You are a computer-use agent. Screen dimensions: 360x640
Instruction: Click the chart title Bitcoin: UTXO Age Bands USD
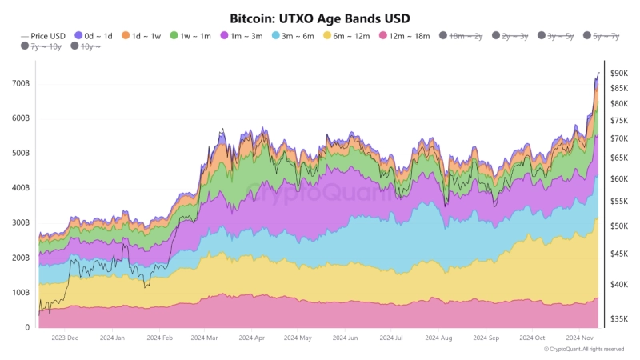tap(320, 17)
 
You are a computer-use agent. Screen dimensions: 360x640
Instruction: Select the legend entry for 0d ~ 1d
tap(95, 36)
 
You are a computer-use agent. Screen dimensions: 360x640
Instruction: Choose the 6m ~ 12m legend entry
tap(346, 36)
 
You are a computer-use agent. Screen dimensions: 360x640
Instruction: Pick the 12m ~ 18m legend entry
tap(403, 36)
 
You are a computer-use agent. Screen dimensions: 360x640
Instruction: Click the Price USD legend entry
tap(43, 36)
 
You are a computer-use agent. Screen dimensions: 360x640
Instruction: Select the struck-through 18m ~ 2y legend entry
tap(462, 36)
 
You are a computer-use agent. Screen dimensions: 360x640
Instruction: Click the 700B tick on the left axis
tap(21, 83)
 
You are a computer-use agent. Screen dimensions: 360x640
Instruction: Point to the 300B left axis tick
tap(21, 223)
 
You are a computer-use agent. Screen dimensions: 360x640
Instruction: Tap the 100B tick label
tap(21, 293)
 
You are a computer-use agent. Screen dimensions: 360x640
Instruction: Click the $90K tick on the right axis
tap(619, 73)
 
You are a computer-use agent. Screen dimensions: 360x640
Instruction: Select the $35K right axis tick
tap(619, 319)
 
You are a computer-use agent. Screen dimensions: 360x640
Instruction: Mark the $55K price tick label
tap(619, 202)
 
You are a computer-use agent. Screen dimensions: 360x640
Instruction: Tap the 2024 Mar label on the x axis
tap(206, 338)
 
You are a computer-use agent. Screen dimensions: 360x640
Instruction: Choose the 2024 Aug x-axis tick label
tap(440, 338)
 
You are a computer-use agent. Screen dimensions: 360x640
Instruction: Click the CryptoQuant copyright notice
tap(583, 350)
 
